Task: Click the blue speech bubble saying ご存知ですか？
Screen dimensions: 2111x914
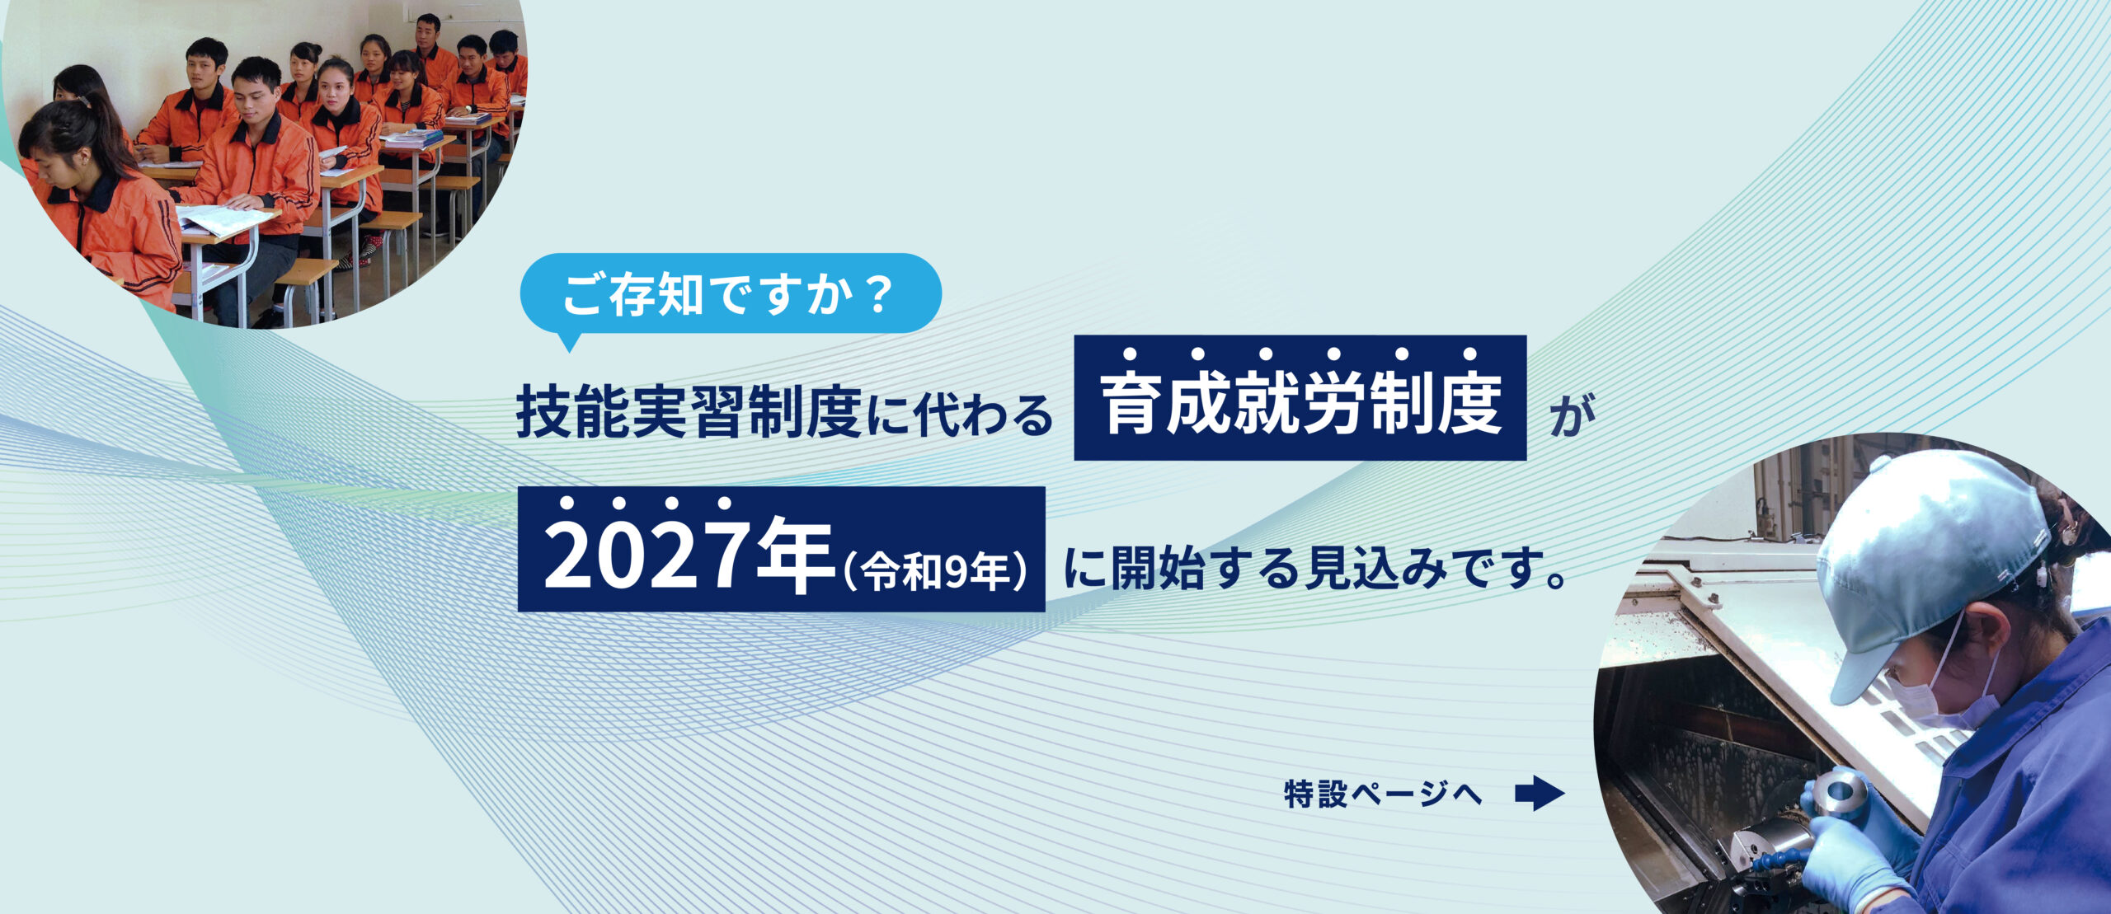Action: point(731,294)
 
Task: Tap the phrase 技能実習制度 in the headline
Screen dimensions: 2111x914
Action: point(689,412)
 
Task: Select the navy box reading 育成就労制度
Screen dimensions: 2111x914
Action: point(1300,397)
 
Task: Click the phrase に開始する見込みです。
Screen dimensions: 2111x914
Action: point(1316,568)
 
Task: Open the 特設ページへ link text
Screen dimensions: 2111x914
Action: point(1383,794)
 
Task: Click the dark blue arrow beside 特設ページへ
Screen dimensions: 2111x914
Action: point(1540,794)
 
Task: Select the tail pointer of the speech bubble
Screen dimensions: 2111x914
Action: point(568,341)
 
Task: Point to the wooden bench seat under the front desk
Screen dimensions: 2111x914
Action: point(306,272)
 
